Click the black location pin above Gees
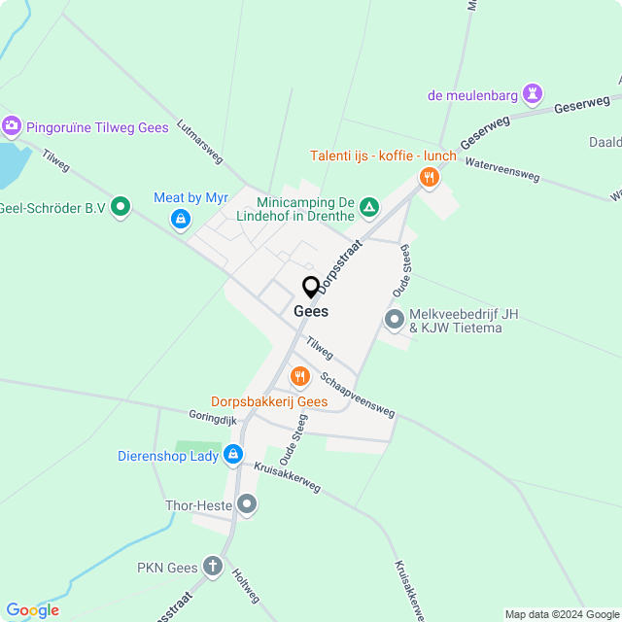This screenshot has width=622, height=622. (x=311, y=288)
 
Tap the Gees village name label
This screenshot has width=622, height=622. (x=311, y=312)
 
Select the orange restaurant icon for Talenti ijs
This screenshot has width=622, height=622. (x=429, y=177)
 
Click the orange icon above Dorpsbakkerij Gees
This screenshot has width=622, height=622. (x=299, y=376)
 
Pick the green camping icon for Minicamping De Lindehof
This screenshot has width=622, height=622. (x=369, y=206)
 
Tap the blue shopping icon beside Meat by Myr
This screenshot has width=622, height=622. (x=180, y=221)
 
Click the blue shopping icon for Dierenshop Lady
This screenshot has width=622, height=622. (x=233, y=454)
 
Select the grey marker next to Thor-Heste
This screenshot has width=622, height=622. (x=248, y=503)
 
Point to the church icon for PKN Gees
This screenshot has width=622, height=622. (x=214, y=568)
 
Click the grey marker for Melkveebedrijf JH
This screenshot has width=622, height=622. (x=395, y=319)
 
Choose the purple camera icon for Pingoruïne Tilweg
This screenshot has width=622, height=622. (x=12, y=125)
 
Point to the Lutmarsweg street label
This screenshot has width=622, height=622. (x=199, y=141)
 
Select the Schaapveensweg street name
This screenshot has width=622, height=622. (x=357, y=396)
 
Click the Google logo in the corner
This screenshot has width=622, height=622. (x=32, y=610)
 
